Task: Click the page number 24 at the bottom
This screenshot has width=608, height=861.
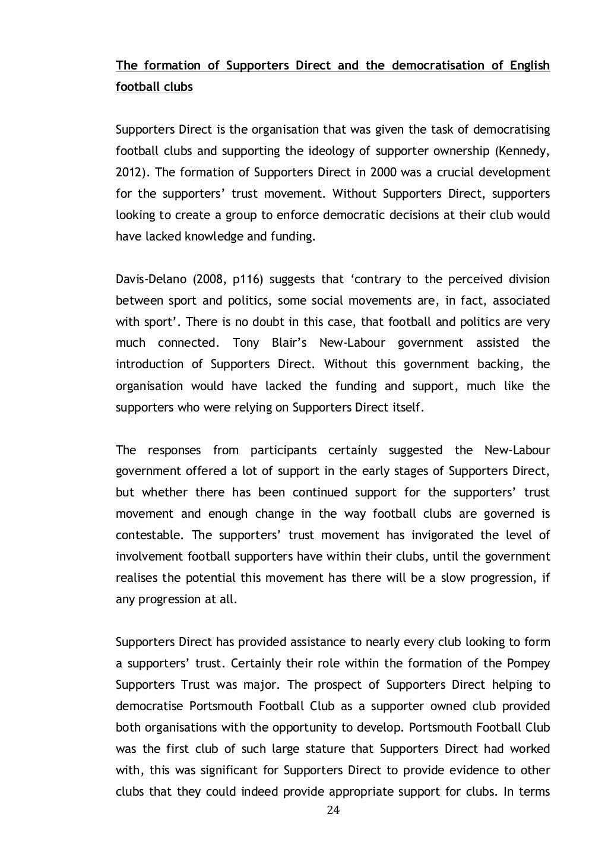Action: tap(333, 812)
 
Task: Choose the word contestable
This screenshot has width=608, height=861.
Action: tap(149, 535)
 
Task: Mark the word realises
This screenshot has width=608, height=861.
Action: tap(136, 578)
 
